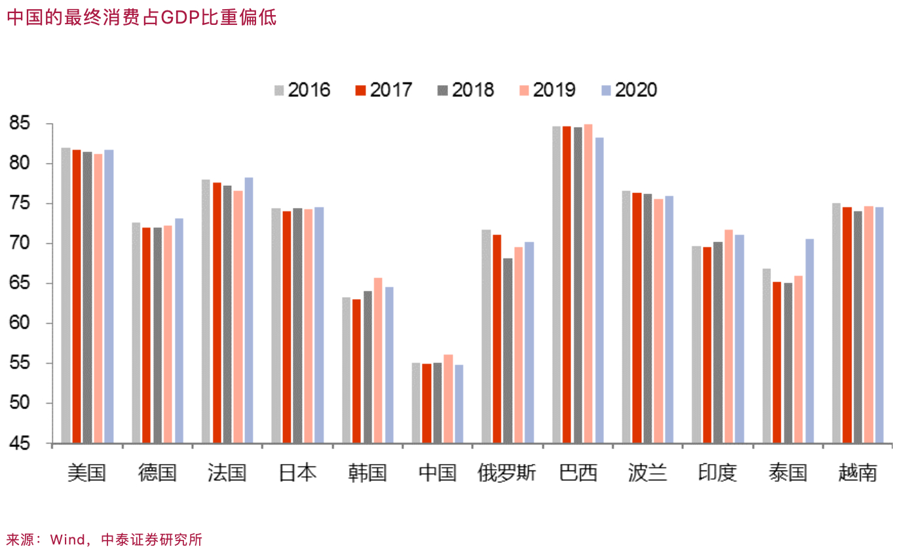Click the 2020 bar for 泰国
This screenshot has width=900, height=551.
(810, 341)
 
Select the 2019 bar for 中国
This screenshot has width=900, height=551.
(448, 399)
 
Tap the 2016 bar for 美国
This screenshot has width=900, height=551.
(66, 295)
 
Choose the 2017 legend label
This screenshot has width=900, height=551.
(390, 90)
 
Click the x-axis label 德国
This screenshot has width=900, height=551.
(157, 472)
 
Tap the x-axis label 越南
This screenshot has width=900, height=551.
(857, 472)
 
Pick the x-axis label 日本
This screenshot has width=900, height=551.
(297, 472)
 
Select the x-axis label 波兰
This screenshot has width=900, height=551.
(648, 472)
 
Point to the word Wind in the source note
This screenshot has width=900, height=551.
(67, 539)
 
